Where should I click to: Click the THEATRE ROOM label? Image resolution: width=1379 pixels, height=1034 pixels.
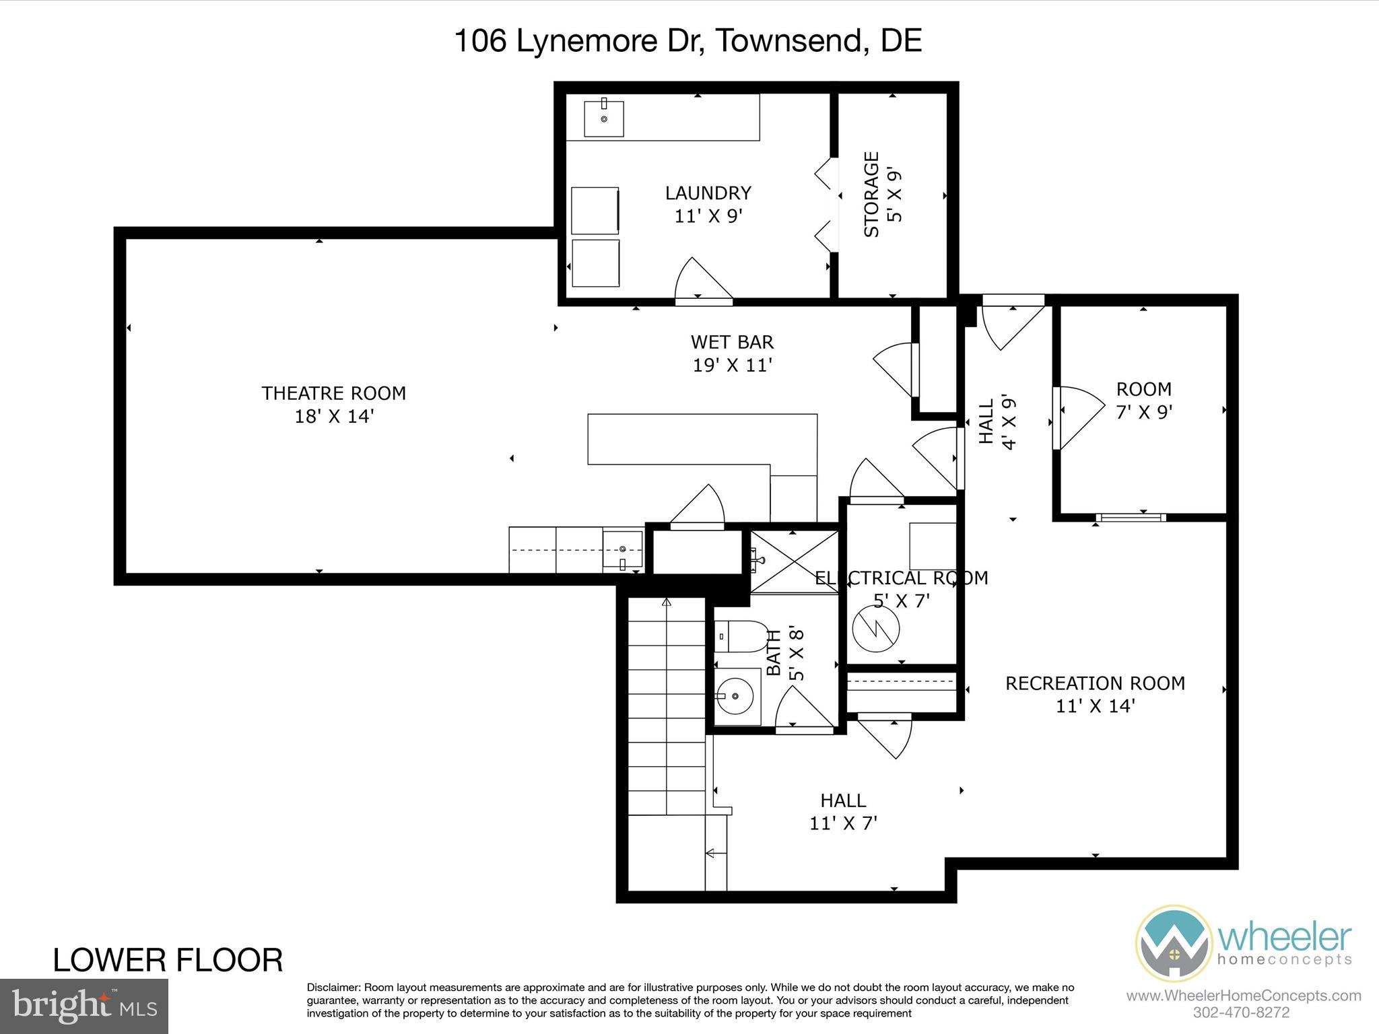[333, 404]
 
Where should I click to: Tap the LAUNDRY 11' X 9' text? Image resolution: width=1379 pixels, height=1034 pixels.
[708, 204]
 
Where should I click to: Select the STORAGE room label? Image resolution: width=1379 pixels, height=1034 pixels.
[882, 195]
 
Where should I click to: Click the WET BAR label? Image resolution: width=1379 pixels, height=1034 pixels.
[732, 353]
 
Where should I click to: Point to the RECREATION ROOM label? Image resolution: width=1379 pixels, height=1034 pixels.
[1095, 694]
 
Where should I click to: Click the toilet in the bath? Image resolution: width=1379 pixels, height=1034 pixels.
[741, 636]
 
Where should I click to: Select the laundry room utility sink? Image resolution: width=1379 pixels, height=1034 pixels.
[603, 118]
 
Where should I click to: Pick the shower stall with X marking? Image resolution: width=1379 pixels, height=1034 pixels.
[795, 562]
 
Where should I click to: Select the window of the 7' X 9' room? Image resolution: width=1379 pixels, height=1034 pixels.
[1131, 517]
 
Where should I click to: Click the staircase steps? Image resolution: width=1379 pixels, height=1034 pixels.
[667, 707]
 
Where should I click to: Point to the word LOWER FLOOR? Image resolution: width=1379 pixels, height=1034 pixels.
[168, 960]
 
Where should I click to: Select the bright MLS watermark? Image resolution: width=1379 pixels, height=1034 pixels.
[84, 1006]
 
